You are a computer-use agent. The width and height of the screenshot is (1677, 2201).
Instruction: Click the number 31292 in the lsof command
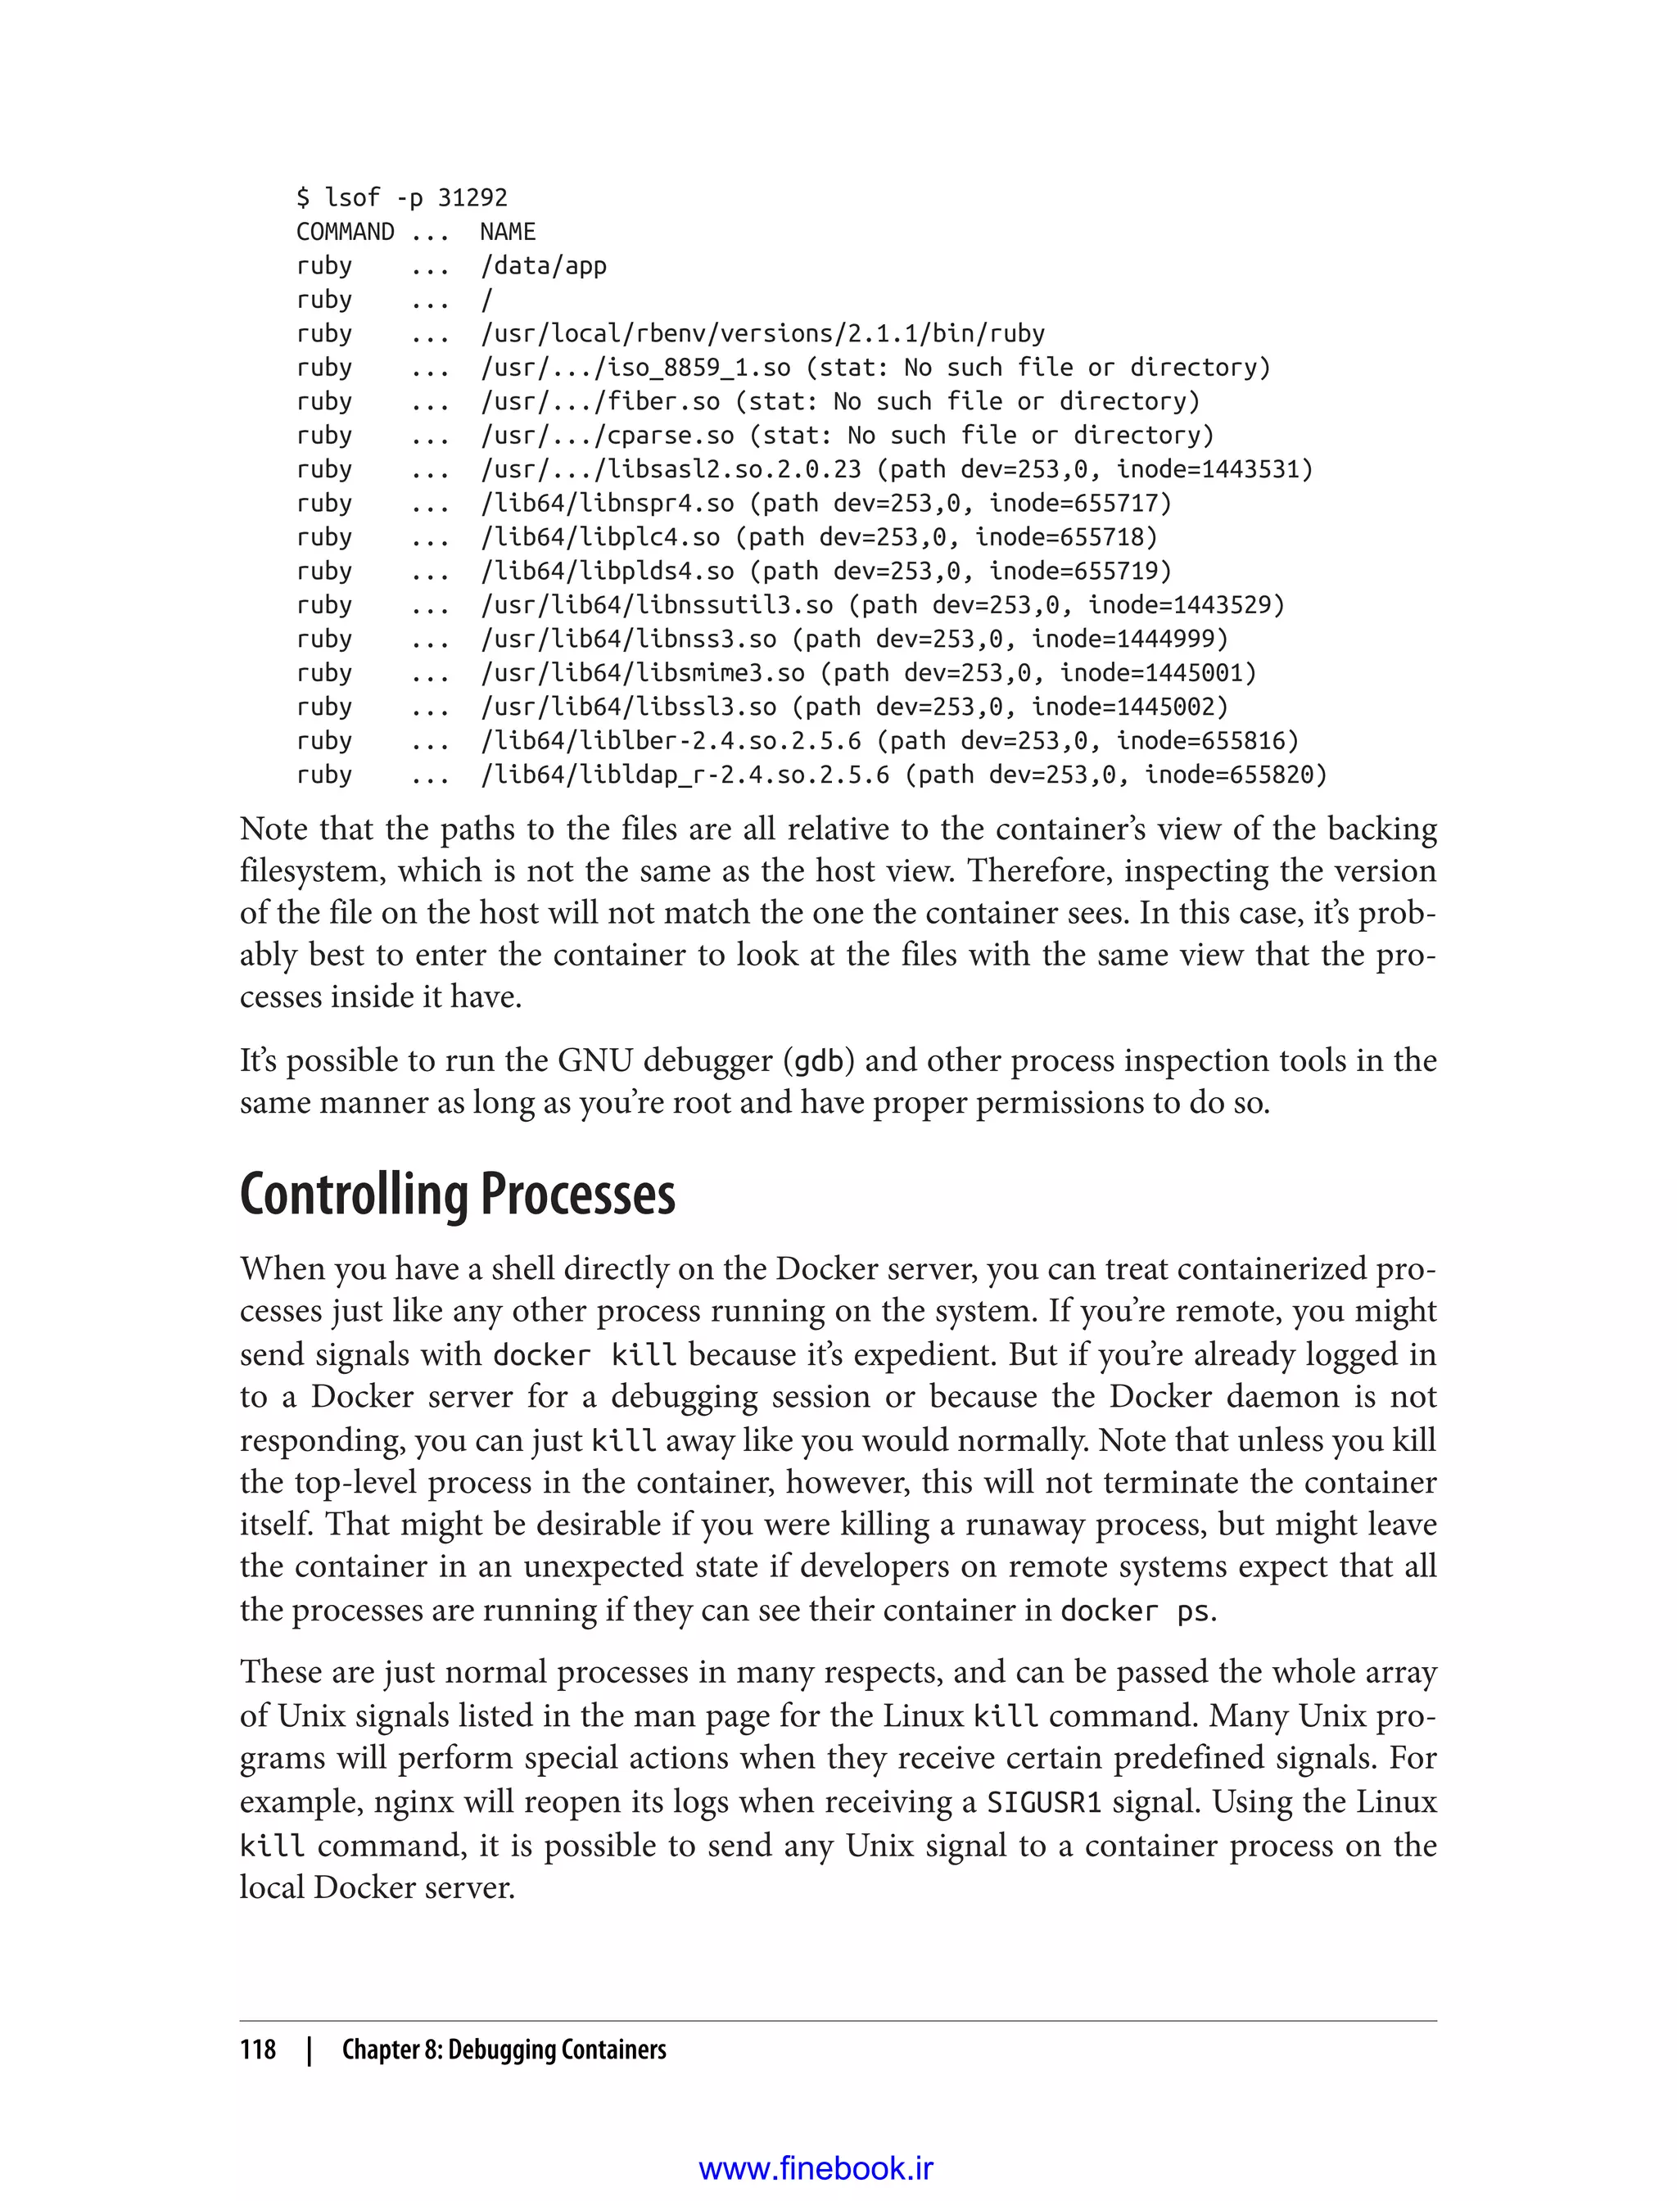472,197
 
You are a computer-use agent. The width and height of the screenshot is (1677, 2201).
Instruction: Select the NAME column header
507,232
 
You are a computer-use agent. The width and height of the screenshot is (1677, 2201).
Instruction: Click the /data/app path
543,265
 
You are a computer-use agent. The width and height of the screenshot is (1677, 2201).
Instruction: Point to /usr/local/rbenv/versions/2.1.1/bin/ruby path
762,333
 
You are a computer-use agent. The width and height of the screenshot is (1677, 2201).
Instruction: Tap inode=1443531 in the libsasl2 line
1213,469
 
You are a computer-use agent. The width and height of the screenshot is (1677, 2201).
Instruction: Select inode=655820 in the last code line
1234,775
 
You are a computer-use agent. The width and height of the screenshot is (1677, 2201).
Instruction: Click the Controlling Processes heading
457,1194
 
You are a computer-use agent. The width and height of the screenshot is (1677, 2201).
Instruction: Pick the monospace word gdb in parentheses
819,1061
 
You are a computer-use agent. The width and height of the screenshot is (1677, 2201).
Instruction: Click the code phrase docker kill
585,1355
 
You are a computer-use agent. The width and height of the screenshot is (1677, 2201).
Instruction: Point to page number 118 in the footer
258,2050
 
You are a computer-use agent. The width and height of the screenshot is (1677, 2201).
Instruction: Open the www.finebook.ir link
816,2168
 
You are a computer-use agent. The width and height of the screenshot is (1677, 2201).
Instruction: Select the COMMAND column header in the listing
345,232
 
